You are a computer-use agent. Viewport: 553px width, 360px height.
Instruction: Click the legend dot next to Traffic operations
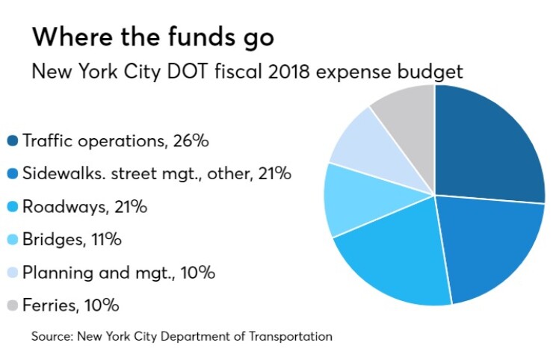(13, 141)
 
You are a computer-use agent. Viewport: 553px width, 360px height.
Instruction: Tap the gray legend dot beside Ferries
(13, 305)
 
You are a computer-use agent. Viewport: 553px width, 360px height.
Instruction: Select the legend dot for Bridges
(13, 240)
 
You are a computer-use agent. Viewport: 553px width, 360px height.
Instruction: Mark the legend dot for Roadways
(13, 207)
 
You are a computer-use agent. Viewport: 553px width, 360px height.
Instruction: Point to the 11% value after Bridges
(106, 240)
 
